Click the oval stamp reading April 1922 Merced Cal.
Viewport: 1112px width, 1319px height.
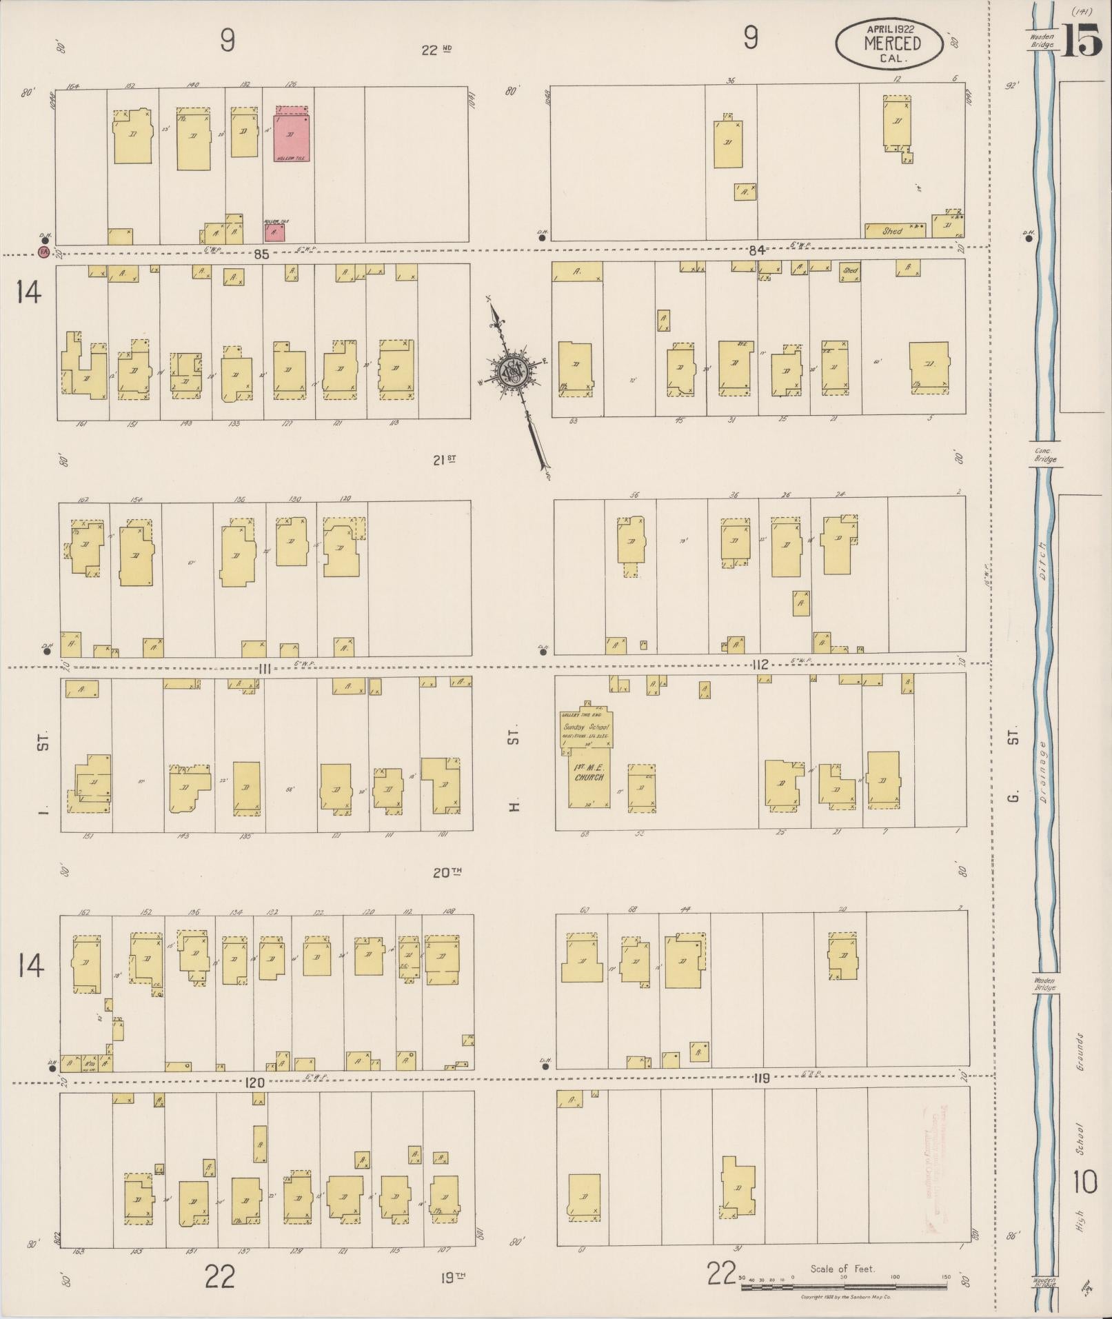coord(888,43)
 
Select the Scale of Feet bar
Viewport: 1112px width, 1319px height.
coord(845,1286)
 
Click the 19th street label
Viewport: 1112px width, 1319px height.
coord(452,1278)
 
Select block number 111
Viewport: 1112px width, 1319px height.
coord(264,667)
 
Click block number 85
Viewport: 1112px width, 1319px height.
coord(261,254)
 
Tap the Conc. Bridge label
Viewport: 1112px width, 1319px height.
coord(1044,456)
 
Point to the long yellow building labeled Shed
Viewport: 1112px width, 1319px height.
coord(895,230)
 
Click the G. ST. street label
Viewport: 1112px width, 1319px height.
coord(1012,769)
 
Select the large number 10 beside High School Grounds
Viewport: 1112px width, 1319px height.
coord(1085,1182)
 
